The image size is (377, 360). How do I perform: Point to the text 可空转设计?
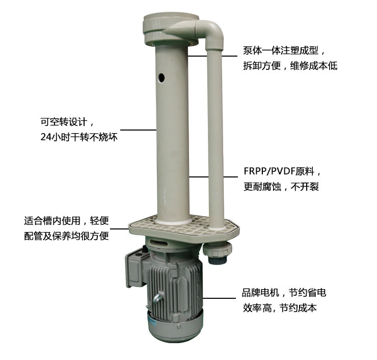tap(67, 122)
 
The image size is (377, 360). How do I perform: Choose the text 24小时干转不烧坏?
tap(78, 137)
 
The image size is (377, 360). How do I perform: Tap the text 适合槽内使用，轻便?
tap(67, 221)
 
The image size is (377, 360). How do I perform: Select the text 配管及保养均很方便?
tap(66, 236)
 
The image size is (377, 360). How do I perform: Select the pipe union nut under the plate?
tap(218, 250)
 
